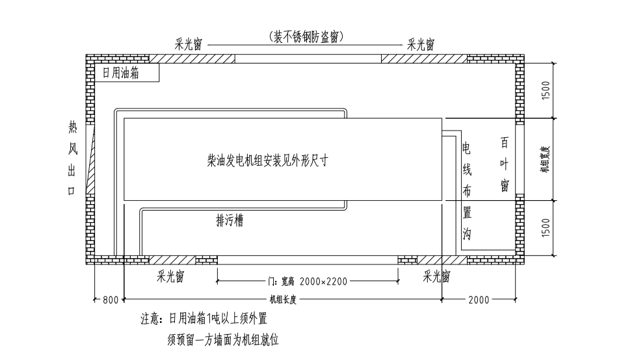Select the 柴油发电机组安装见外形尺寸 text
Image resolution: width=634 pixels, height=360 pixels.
(x=267, y=160)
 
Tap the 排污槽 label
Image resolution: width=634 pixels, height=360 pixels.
(x=230, y=221)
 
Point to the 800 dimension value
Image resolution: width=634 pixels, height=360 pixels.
(x=111, y=300)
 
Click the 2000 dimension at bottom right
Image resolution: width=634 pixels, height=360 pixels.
(x=479, y=300)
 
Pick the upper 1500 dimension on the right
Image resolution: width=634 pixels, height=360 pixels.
(x=546, y=90)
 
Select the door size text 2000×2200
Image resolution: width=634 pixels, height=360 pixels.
(x=324, y=281)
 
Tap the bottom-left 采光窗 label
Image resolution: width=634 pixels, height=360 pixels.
(x=170, y=277)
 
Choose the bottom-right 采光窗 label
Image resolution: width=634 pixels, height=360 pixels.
(x=437, y=277)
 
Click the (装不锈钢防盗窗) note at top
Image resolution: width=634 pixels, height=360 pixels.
(x=306, y=36)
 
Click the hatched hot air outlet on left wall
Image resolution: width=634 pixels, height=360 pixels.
(x=92, y=159)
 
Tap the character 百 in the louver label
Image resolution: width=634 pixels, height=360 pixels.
(x=505, y=142)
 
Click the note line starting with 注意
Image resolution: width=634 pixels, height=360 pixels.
(x=204, y=319)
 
